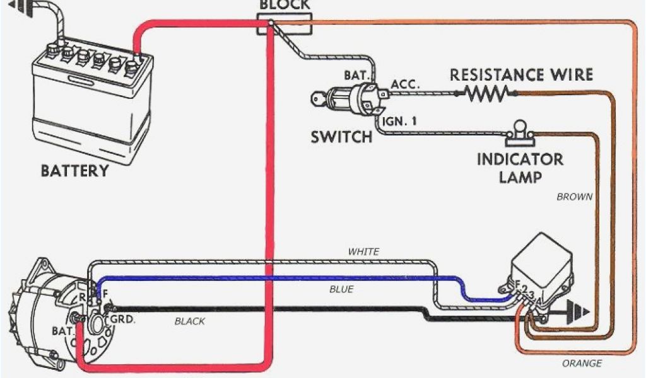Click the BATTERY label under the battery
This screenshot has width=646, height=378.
(x=74, y=171)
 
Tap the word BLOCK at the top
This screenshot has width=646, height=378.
(x=285, y=5)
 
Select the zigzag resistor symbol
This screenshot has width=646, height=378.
(x=486, y=94)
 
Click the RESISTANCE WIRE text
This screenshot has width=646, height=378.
(x=521, y=75)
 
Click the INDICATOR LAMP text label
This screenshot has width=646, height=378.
(x=520, y=167)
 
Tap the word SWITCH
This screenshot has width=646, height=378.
(x=341, y=137)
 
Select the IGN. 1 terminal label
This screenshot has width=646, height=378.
(x=399, y=121)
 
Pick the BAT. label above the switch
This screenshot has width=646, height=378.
(x=356, y=75)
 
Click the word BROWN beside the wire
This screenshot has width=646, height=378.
(x=574, y=197)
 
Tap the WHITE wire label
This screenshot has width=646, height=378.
(x=364, y=251)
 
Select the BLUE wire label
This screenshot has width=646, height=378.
(x=341, y=289)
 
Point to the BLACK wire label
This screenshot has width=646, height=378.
(x=190, y=321)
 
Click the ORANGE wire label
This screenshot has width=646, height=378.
(x=582, y=363)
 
